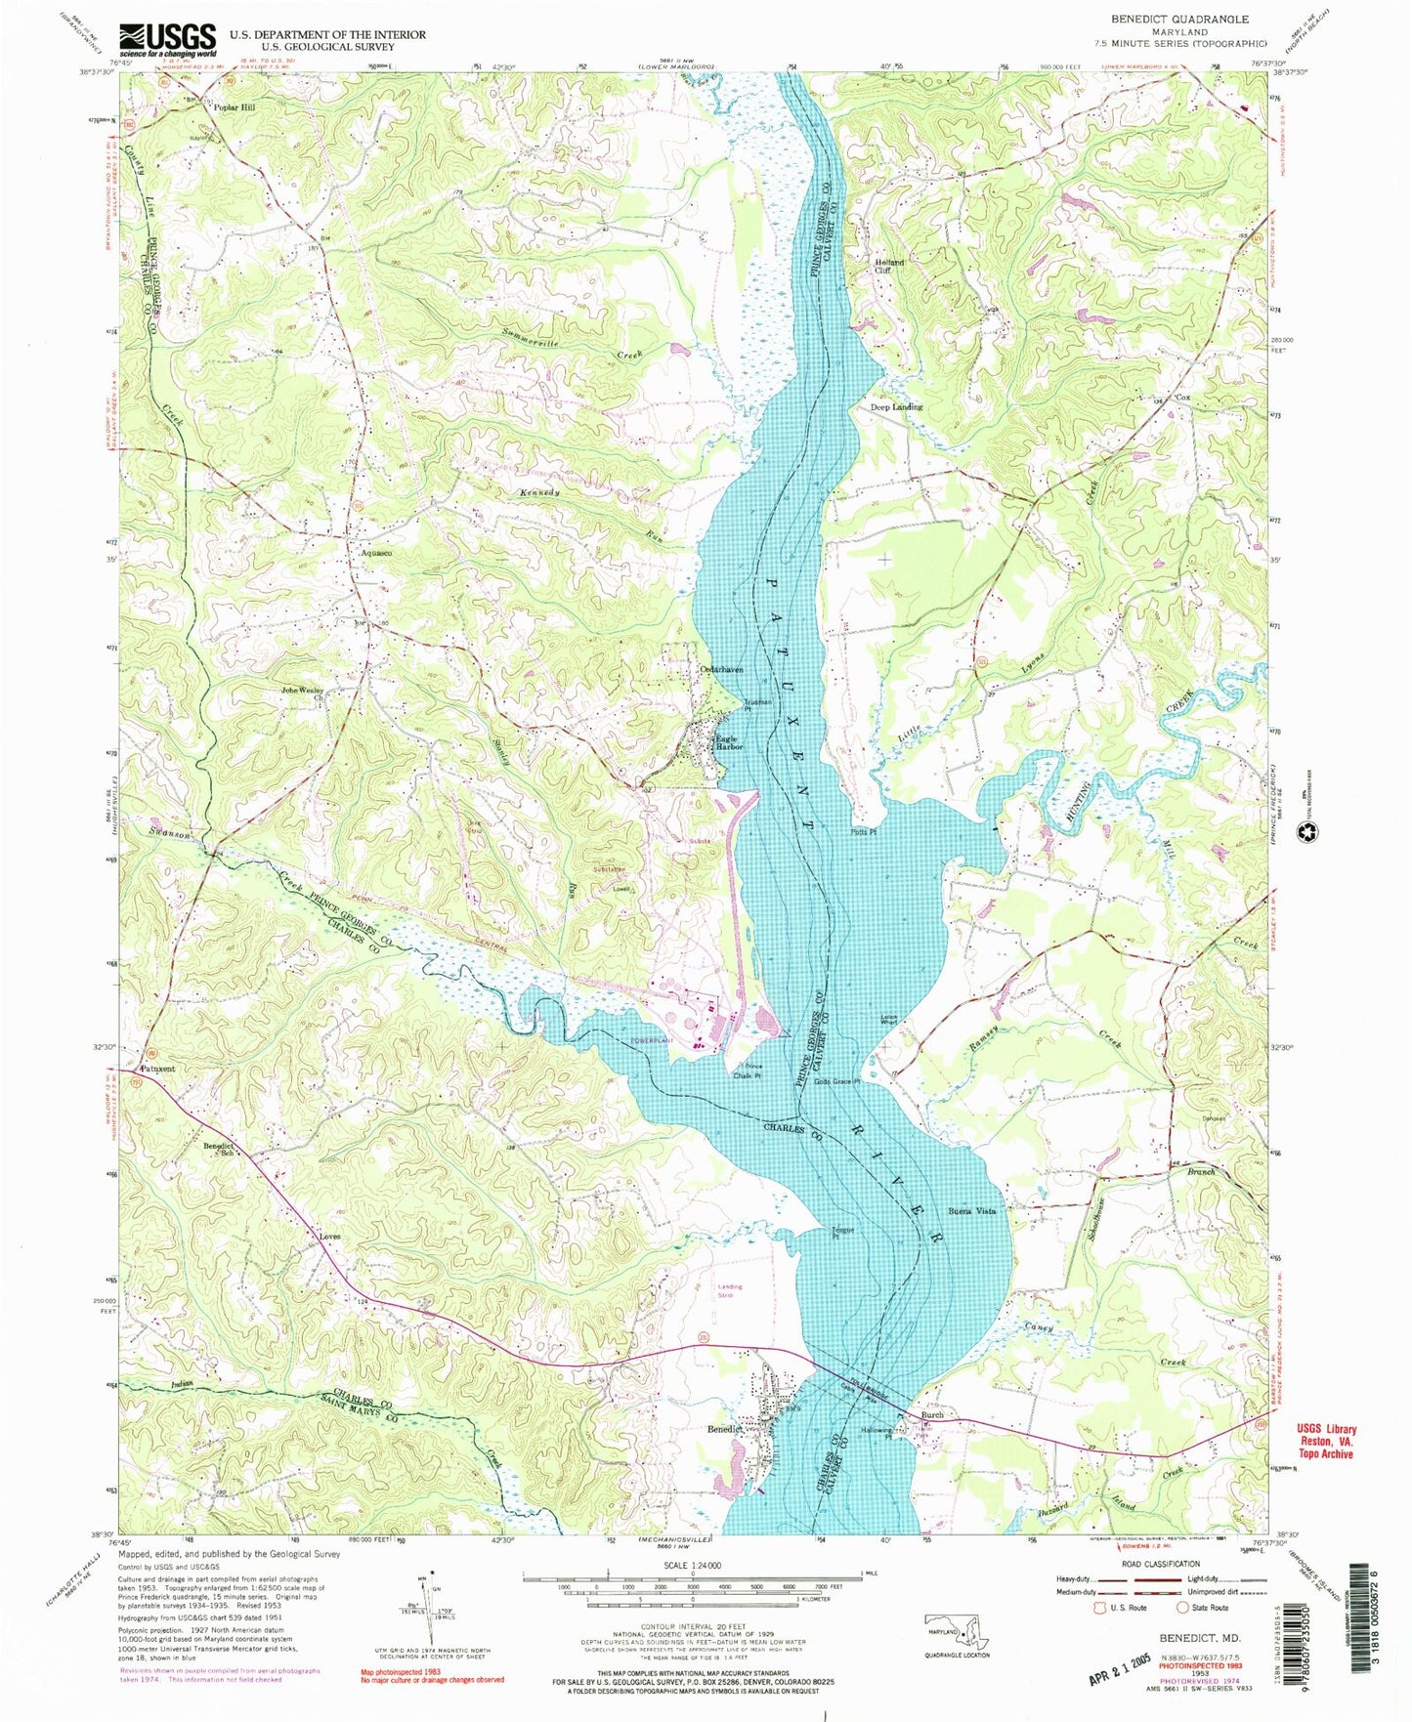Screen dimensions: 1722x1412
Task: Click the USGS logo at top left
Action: (x=167, y=40)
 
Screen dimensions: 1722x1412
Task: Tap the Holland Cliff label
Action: (x=888, y=267)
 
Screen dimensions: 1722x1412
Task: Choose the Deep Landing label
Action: (x=896, y=407)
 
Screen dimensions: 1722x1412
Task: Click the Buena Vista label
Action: (x=971, y=1211)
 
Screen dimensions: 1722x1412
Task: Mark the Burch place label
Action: (x=931, y=1414)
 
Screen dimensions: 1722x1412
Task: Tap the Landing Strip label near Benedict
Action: (x=730, y=1290)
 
